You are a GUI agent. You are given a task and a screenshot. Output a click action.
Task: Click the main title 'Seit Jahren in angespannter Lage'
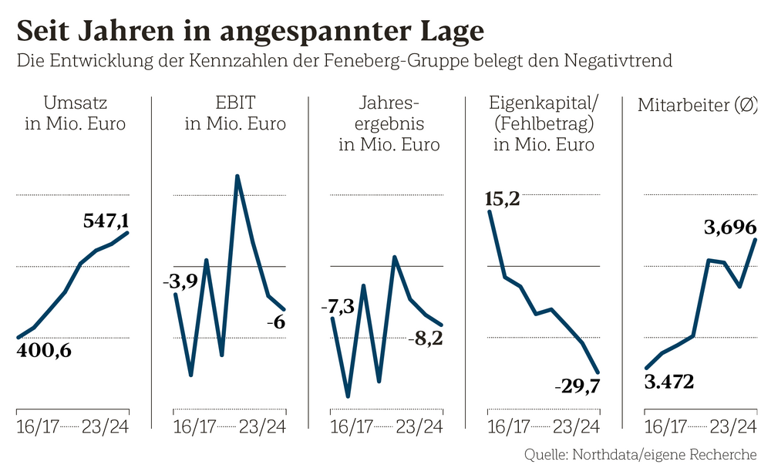point(251,30)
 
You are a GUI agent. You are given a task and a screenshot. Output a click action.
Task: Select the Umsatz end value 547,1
point(106,221)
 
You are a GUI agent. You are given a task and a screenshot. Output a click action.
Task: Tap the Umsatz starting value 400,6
point(43,352)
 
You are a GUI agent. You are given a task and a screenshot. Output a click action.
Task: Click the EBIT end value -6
point(275,322)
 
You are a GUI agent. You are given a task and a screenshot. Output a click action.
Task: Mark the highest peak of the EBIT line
point(237,176)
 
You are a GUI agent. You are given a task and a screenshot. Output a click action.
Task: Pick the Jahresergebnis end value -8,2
point(424,338)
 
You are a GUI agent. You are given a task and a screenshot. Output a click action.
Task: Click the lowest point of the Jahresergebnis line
point(348,396)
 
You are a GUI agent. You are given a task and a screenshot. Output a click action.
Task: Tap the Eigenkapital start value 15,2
point(502,199)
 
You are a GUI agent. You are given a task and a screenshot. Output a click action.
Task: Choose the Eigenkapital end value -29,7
point(577,386)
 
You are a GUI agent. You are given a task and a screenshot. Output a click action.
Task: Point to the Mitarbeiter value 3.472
point(668,381)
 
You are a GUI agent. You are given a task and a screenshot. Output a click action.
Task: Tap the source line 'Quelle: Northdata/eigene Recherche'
point(640,454)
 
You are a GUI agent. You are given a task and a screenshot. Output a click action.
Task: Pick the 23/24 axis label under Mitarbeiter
point(733,426)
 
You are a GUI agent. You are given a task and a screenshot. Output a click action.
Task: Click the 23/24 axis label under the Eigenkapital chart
point(577,426)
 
